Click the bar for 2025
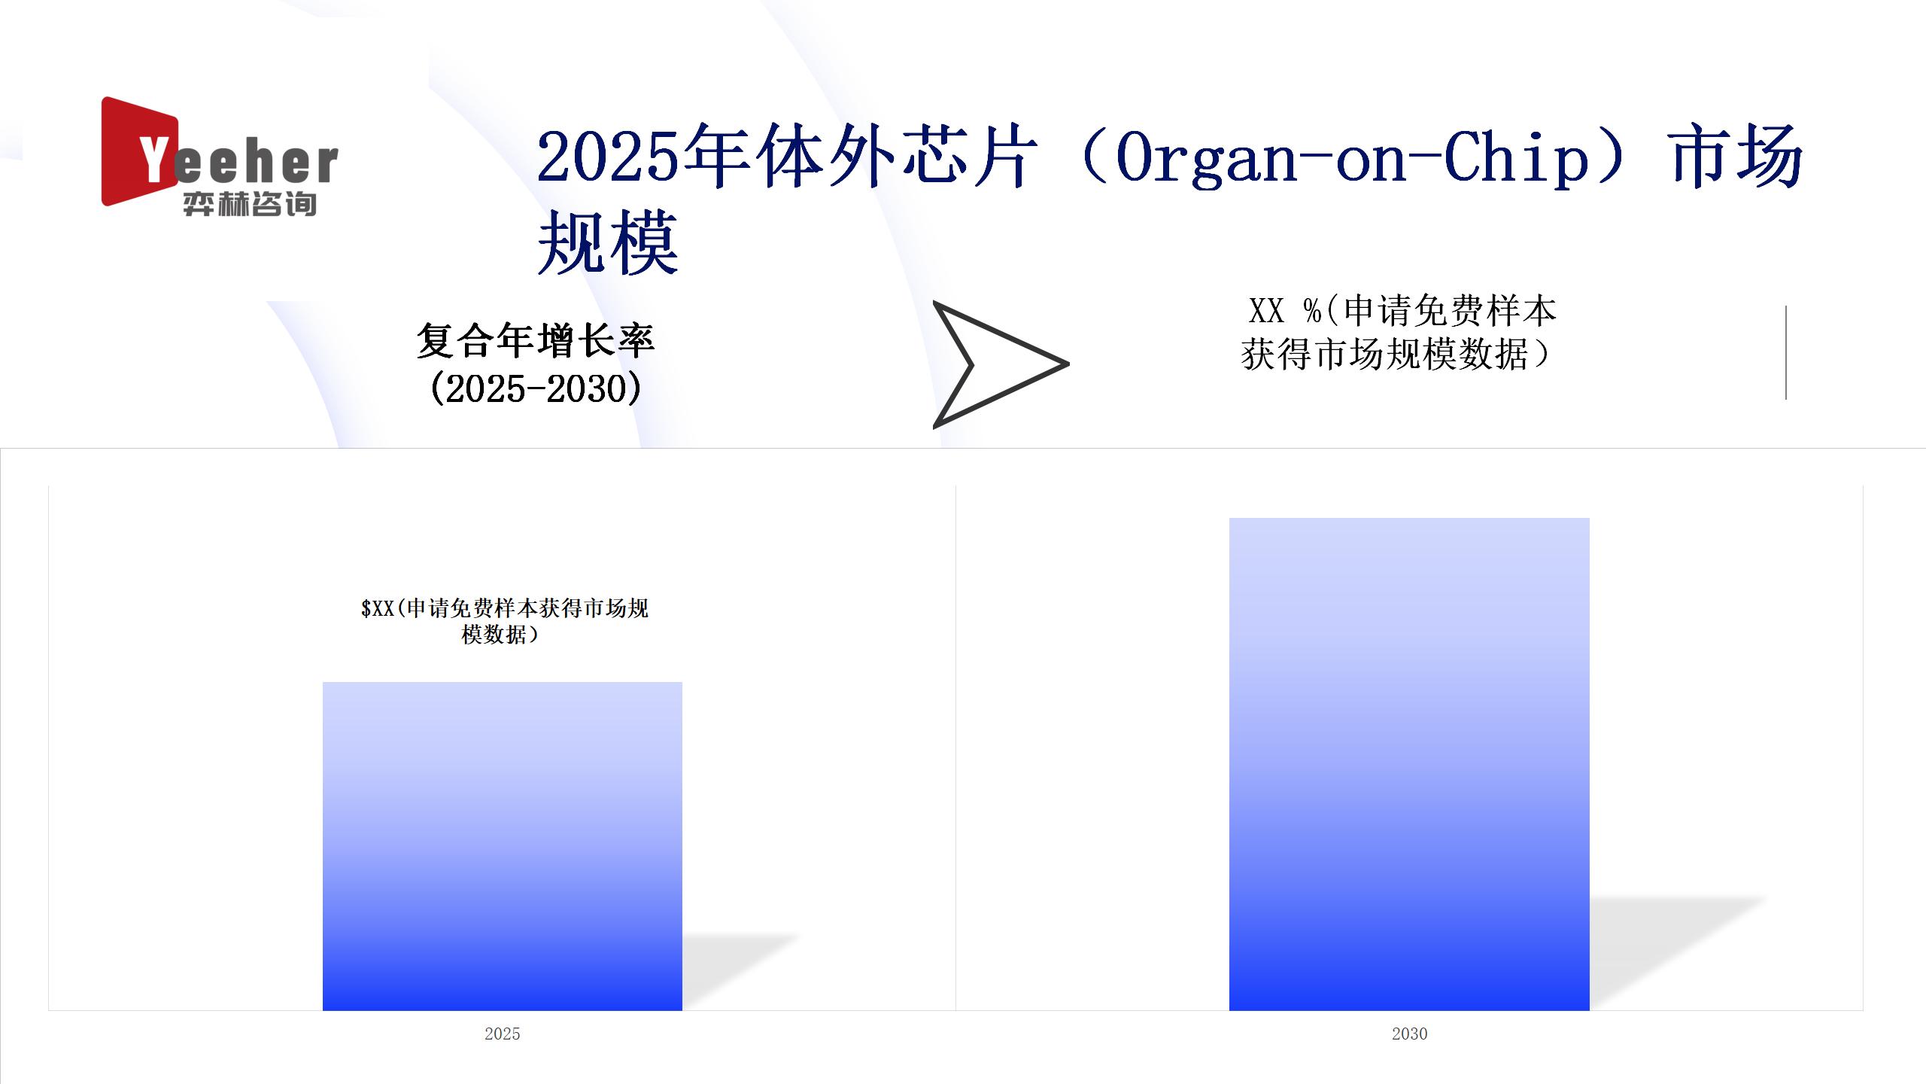click(x=503, y=846)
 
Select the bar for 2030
click(x=1409, y=764)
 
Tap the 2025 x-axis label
click(x=503, y=1034)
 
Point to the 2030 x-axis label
click(x=1409, y=1034)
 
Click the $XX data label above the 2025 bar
click(x=504, y=621)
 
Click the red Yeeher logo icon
click(x=140, y=151)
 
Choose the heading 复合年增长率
click(x=536, y=341)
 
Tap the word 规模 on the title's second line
click(x=608, y=242)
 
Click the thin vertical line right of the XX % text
click(x=1786, y=352)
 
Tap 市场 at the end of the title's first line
click(x=1736, y=157)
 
